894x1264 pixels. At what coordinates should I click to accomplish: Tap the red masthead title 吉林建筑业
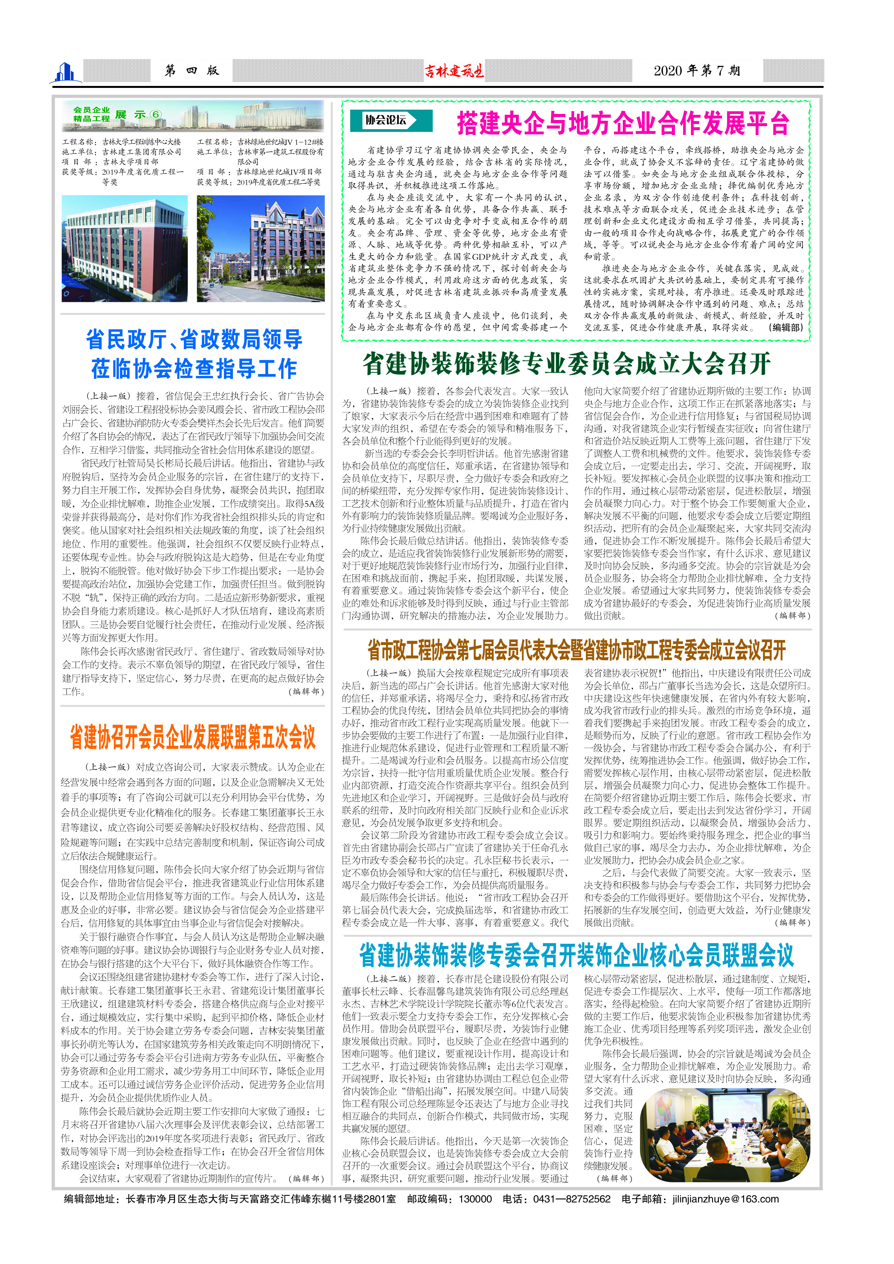tap(454, 71)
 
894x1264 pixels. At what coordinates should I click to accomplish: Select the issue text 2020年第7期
tap(696, 70)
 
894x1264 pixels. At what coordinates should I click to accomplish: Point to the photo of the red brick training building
tap(125, 249)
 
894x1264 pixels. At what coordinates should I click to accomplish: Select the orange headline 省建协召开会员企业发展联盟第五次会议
tap(193, 737)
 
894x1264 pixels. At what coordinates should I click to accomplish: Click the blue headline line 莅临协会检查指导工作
tap(194, 368)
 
